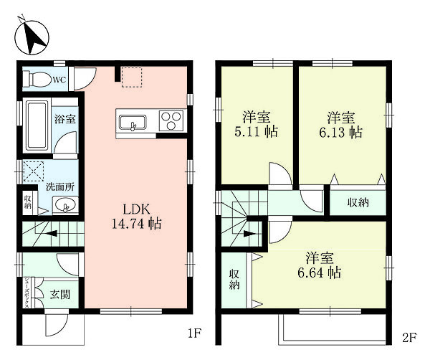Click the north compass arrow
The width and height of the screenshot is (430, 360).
pyautogui.click(x=32, y=37)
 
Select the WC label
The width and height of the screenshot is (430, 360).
pyautogui.click(x=59, y=80)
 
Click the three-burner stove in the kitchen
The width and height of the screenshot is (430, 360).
pyautogui.click(x=171, y=120)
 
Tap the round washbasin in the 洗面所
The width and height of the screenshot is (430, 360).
pyautogui.click(x=64, y=204)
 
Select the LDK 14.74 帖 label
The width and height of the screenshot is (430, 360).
pyautogui.click(x=136, y=217)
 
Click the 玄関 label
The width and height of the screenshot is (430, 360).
pyautogui.click(x=60, y=295)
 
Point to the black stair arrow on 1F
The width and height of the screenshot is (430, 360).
pyautogui.click(x=51, y=234)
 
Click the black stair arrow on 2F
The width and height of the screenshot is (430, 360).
pyautogui.click(x=250, y=234)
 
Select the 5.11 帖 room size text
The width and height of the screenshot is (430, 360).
pyautogui.click(x=256, y=132)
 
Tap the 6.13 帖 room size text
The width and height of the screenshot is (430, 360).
pyautogui.click(x=341, y=132)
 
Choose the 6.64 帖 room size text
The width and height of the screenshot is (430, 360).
pyautogui.click(x=320, y=273)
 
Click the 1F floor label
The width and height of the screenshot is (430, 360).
pyautogui.click(x=195, y=334)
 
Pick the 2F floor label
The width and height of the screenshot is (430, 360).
pyautogui.click(x=410, y=337)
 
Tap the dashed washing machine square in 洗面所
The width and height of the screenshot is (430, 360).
pyautogui.click(x=34, y=171)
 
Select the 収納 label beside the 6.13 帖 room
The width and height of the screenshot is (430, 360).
pyautogui.click(x=358, y=202)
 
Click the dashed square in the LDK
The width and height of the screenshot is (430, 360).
pyautogui.click(x=132, y=77)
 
